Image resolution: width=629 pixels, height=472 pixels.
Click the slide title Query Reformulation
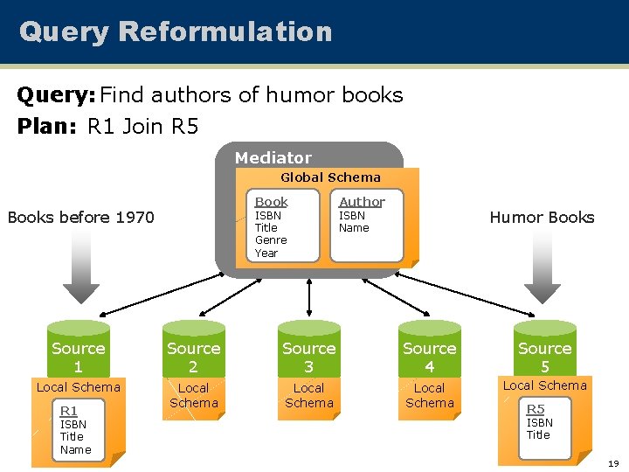pos(176,31)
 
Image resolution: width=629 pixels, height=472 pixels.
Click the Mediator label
pos(273,157)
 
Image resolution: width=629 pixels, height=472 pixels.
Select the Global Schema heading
pos(330,177)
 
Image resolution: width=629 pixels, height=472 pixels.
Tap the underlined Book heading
pos(271,201)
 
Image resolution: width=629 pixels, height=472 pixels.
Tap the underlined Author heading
pos(362,201)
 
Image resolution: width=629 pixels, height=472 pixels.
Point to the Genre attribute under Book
pos(270,239)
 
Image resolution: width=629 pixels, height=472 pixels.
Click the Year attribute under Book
pos(266,253)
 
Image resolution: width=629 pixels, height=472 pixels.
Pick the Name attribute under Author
pos(354,228)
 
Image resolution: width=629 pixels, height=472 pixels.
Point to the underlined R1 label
pos(68,411)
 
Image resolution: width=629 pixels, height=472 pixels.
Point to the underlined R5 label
pos(535,409)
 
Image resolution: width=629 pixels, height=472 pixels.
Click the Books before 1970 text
pos(80,217)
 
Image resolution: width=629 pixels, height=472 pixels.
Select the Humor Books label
pos(542,217)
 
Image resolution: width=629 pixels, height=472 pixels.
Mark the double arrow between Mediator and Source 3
pos(308,295)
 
